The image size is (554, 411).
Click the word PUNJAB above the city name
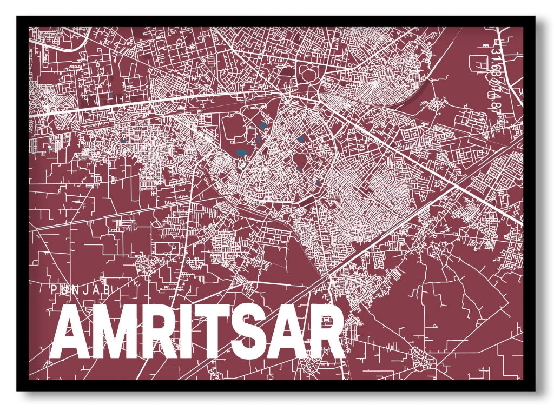pos(81,289)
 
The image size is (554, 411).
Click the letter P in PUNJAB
pos(53,289)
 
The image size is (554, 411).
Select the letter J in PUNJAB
pos(88,289)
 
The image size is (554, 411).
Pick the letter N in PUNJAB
pos(77,289)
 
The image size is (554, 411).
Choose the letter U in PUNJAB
pos(65,289)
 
